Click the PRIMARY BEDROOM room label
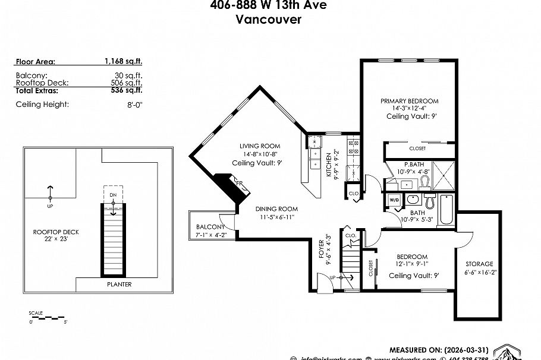(x=410, y=101)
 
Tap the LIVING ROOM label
(x=260, y=146)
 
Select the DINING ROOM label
(x=276, y=209)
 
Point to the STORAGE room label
(x=479, y=264)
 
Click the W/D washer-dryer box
(x=394, y=200)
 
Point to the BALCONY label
(x=210, y=227)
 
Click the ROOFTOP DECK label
(x=56, y=232)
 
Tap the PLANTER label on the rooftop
(x=119, y=285)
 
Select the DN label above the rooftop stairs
(x=112, y=195)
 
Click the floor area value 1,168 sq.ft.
(x=123, y=61)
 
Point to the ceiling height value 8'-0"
(x=134, y=105)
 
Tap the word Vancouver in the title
(x=268, y=20)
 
